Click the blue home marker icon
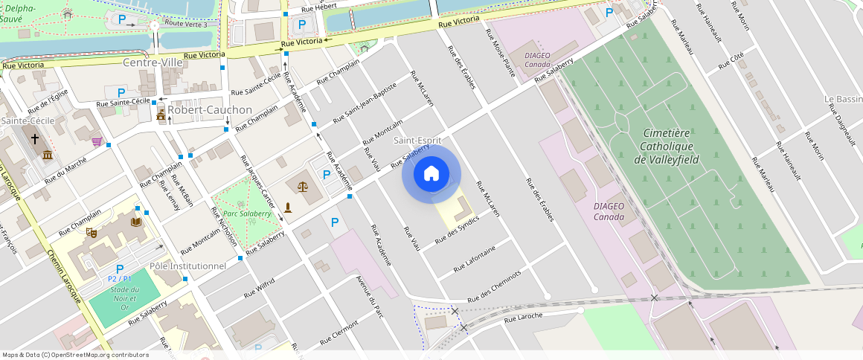(431, 175)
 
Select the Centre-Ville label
(153, 62)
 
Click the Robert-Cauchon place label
(210, 109)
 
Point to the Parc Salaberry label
(247, 213)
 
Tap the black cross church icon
(33, 138)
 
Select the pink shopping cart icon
(97, 141)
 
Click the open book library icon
(135, 222)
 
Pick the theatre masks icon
(92, 232)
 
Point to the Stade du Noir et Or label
(120, 298)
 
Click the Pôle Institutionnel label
(187, 266)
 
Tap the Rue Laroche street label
(523, 316)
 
